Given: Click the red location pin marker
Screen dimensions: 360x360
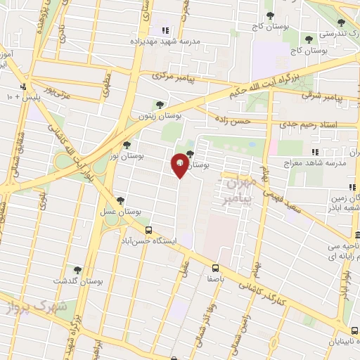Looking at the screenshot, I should (x=180, y=164).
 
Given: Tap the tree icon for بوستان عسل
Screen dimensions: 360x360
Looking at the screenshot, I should (x=120, y=200).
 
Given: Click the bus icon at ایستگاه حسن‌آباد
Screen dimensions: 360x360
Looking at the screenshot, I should (x=148, y=229).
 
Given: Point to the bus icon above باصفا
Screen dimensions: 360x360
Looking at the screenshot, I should (x=215, y=267).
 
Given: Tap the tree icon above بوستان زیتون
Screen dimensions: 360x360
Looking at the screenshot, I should (x=160, y=104).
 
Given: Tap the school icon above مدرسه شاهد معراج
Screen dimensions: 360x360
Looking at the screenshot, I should (x=315, y=152).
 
